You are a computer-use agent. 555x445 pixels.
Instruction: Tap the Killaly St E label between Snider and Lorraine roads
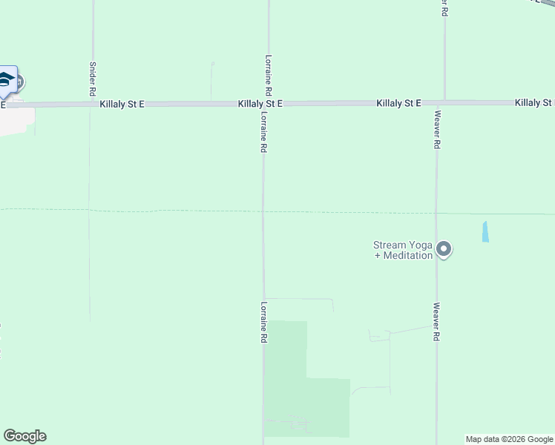[122, 105]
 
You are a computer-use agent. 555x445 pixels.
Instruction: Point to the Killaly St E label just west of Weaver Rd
[398, 102]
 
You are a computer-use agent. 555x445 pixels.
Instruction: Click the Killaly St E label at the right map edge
[534, 102]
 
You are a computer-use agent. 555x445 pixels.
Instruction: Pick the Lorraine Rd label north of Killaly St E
[269, 74]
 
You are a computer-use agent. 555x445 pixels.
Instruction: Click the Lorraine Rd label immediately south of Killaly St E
[263, 133]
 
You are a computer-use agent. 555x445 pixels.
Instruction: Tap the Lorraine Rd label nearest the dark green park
[263, 321]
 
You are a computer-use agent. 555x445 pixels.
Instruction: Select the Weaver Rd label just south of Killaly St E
[438, 130]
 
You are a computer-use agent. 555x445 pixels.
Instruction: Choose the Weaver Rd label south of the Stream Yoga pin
[437, 321]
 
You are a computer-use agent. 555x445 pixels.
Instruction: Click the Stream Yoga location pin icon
[444, 249]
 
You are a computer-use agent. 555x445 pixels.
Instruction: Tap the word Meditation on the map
[407, 256]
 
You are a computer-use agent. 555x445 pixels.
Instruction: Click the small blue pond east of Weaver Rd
[485, 231]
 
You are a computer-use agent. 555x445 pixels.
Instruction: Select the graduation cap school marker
[7, 80]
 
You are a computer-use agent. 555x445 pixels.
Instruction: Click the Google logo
[24, 436]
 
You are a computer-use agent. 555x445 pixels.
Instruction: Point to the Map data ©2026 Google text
[510, 439]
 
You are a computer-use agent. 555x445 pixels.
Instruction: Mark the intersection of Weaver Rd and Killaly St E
[443, 102]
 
